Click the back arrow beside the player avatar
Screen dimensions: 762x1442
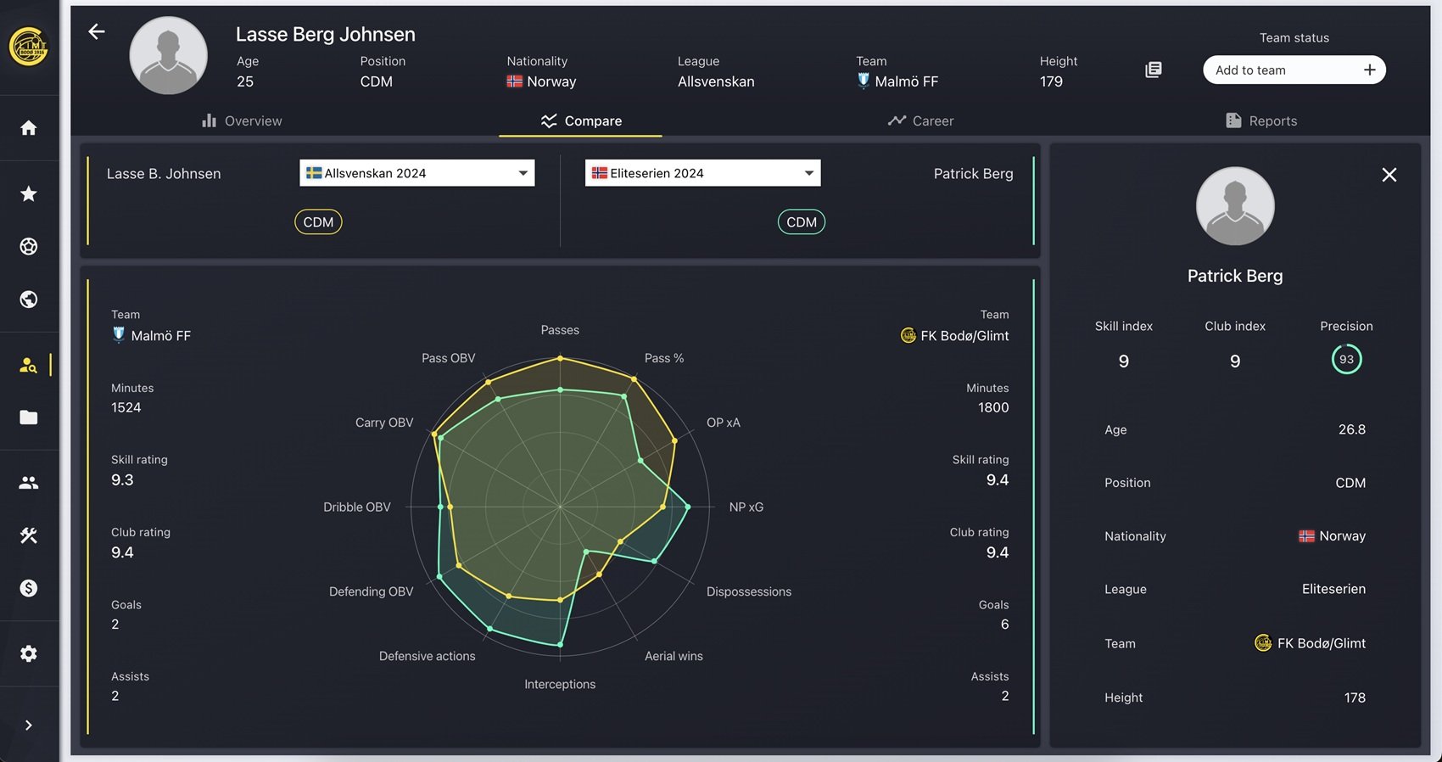[97, 32]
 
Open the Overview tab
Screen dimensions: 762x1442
[242, 120]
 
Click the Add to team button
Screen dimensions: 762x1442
[1294, 70]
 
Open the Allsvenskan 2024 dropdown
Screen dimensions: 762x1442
[416, 173]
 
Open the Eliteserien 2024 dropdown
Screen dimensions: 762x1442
[702, 173]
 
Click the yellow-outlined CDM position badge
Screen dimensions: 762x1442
[318, 222]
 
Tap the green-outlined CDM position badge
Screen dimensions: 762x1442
[801, 222]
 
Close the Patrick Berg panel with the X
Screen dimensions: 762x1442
[1389, 175]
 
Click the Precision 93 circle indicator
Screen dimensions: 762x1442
[1346, 359]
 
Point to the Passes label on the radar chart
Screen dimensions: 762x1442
[560, 330]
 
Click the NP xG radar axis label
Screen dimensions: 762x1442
[746, 507]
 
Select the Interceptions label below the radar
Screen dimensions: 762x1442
[560, 684]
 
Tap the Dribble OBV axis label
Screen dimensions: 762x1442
[357, 507]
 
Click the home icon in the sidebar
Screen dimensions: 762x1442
[29, 127]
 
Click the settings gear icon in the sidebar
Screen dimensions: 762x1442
[29, 653]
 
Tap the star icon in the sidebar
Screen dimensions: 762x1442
[29, 193]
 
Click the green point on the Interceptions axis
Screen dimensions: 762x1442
[560, 645]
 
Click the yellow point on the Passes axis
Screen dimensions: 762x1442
[560, 359]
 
